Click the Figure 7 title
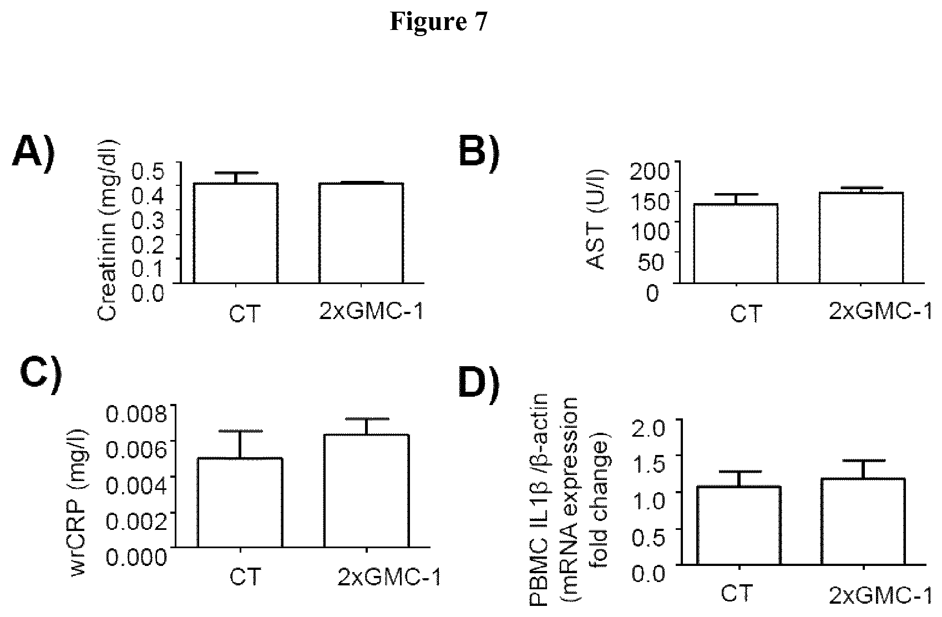439,21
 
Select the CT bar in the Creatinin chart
235,233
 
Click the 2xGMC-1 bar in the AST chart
861,237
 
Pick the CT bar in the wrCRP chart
240,502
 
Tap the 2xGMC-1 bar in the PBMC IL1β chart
863,521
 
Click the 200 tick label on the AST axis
649,171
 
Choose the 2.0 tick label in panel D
649,428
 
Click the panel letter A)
34,153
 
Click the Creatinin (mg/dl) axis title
107,230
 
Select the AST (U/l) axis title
595,219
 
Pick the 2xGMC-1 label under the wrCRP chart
389,578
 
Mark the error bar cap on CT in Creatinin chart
236,173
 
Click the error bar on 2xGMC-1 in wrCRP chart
367,426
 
